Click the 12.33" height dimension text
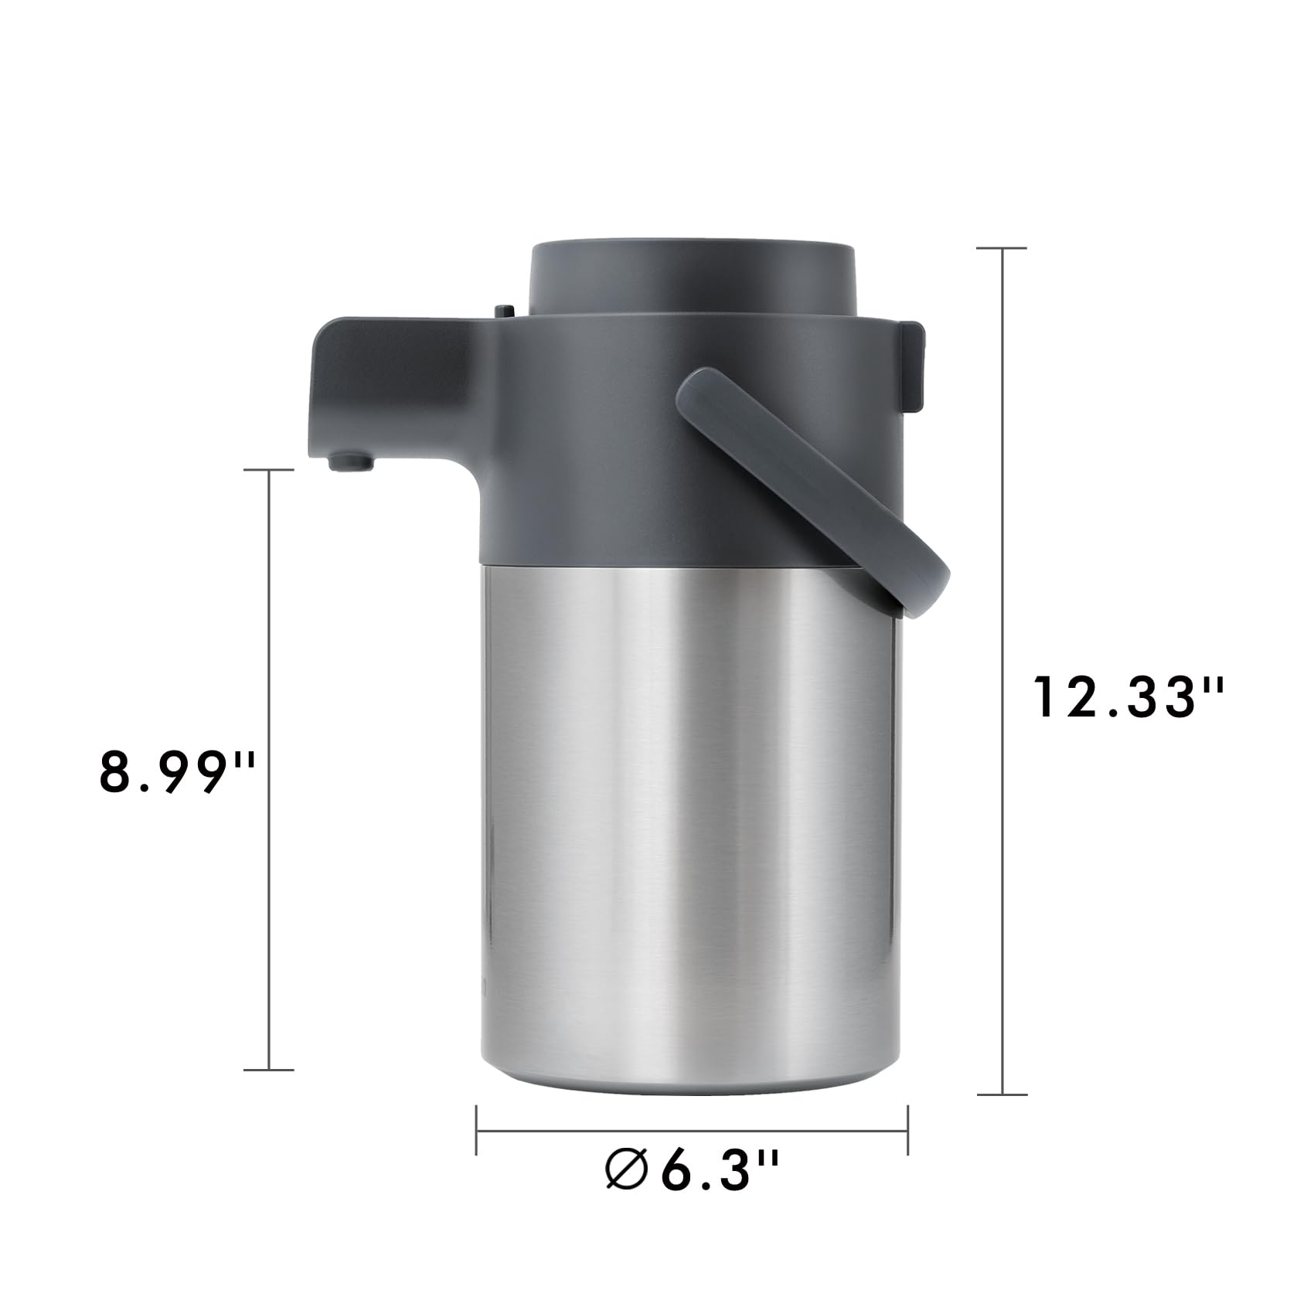[x=1128, y=696]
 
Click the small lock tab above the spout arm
[x=504, y=311]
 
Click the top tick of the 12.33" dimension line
[x=1002, y=248]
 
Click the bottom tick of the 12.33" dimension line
[x=1002, y=1094]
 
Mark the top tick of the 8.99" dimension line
[x=268, y=469]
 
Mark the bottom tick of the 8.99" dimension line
[x=268, y=1070]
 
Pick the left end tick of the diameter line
[x=476, y=1129]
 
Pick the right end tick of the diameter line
[x=907, y=1129]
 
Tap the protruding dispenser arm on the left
[x=386, y=386]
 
